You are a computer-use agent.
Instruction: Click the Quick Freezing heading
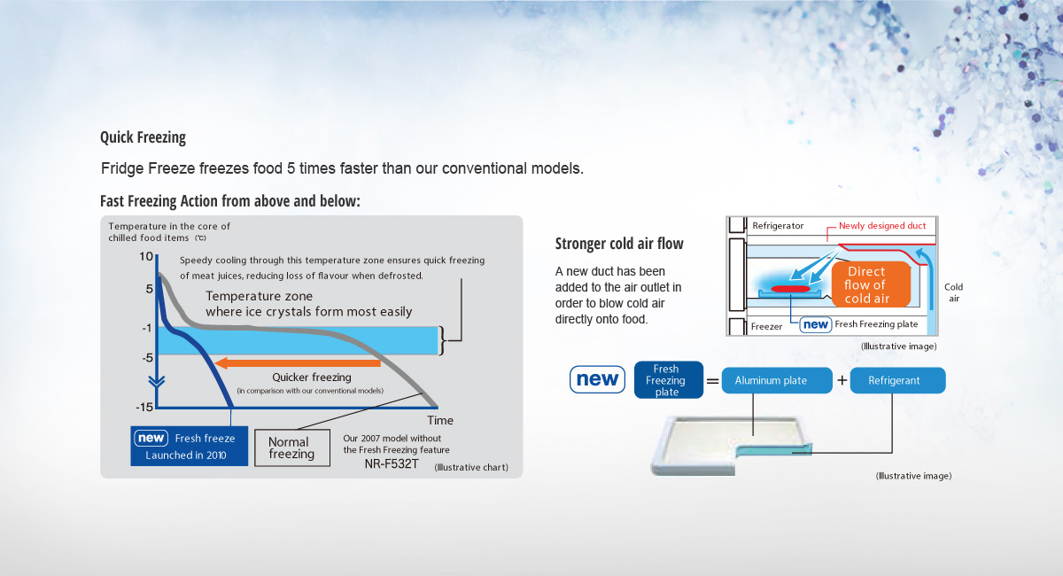143,137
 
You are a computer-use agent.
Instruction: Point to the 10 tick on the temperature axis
145,257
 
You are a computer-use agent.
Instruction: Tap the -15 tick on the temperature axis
144,407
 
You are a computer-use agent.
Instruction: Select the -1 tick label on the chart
147,328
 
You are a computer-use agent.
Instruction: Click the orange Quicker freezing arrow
298,363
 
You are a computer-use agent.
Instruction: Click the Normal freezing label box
292,448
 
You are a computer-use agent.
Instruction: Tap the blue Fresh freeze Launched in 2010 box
189,446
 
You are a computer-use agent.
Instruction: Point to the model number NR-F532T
392,464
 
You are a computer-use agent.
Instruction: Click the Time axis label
440,420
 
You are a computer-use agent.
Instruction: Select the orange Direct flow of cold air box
871,284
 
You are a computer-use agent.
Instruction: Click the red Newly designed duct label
882,226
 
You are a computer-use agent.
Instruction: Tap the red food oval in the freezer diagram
790,289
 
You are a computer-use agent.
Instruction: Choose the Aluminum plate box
777,380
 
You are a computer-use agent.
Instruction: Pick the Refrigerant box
897,380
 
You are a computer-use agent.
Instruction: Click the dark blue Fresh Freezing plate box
668,380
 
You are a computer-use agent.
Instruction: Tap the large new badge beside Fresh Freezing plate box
597,379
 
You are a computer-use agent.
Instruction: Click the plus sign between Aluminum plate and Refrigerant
842,380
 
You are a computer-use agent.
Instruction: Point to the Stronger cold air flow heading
619,244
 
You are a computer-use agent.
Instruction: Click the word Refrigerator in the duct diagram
778,226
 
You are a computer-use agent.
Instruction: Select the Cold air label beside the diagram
953,292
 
